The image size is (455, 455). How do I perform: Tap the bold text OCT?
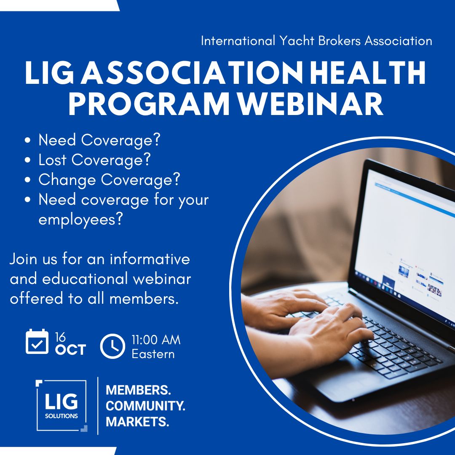(70, 350)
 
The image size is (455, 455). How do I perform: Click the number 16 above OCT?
(61, 337)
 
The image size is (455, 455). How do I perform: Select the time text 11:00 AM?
(156, 340)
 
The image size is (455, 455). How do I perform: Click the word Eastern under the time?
(153, 354)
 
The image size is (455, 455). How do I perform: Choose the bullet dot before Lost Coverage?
(28, 161)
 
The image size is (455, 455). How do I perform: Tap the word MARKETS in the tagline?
(137, 422)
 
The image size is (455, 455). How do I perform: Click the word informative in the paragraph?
(150, 259)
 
